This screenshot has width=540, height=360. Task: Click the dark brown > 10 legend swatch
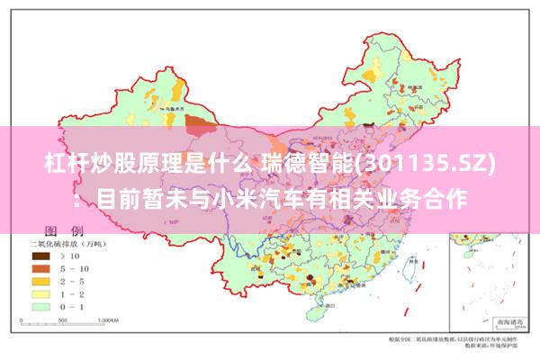[40, 256]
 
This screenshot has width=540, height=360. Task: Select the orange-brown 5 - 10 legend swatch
[40, 268]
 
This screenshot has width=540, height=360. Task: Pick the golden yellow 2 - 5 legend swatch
[40, 280]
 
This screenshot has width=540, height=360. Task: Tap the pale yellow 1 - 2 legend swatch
[40, 292]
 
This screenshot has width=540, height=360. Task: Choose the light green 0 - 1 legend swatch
[40, 305]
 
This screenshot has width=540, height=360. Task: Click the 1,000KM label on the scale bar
[107, 319]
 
